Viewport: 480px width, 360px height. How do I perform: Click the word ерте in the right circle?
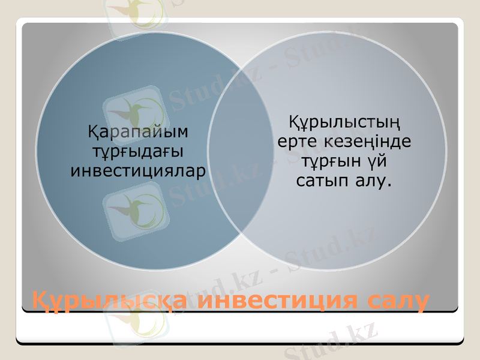(x=298, y=143)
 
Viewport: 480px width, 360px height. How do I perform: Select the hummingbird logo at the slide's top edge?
(x=135, y=11)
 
